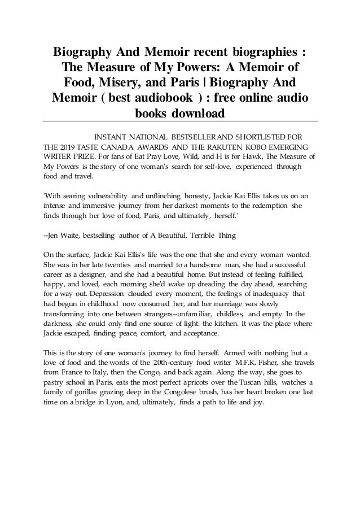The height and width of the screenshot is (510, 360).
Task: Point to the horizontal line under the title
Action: (180, 121)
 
